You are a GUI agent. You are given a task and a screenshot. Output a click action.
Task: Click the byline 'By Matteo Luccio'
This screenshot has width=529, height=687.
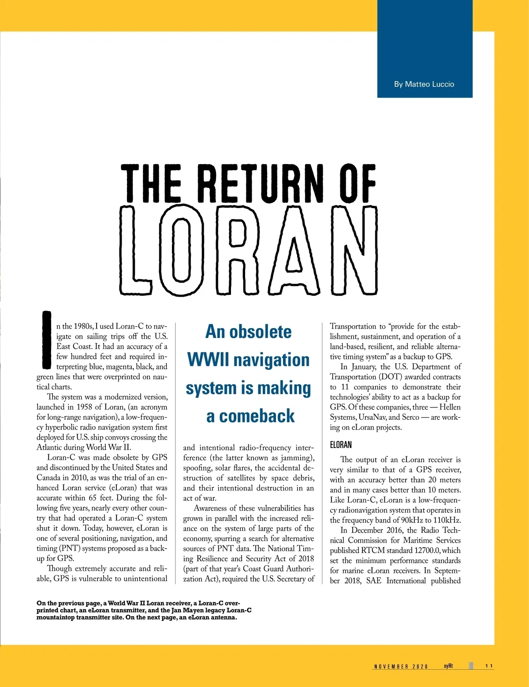424,84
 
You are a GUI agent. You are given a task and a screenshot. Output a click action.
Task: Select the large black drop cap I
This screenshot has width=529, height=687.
46,340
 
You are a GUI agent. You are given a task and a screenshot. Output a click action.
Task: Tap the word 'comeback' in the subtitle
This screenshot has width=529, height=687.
257,416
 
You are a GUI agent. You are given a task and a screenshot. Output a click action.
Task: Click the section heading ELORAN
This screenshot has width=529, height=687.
341,444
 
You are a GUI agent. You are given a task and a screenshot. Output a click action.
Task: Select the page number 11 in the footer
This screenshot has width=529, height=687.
489,666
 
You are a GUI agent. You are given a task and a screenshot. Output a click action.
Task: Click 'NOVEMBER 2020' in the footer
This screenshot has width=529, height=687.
401,667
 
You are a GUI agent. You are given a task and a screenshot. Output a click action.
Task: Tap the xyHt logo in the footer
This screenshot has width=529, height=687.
448,666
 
